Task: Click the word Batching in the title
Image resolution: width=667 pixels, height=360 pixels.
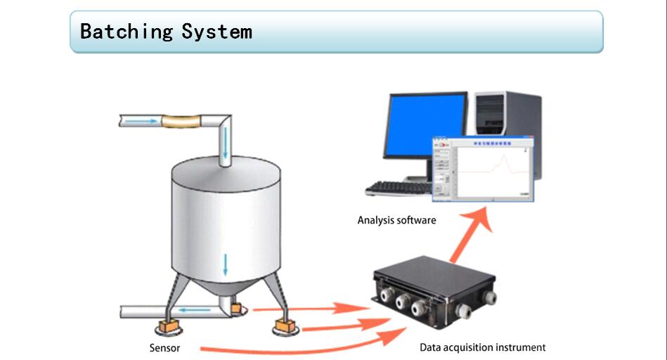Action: [x=126, y=32]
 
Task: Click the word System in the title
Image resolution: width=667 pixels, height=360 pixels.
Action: [x=216, y=32]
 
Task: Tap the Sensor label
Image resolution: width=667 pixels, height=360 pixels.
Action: [x=164, y=348]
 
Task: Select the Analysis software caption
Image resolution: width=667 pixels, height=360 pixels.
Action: [x=396, y=220]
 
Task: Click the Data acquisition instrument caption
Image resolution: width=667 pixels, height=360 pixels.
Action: [x=482, y=347]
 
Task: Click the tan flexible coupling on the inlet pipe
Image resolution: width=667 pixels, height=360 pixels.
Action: [x=181, y=122]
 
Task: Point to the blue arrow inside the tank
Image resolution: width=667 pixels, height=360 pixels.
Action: [x=226, y=264]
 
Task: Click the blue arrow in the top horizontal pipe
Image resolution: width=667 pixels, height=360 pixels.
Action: [x=144, y=122]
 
